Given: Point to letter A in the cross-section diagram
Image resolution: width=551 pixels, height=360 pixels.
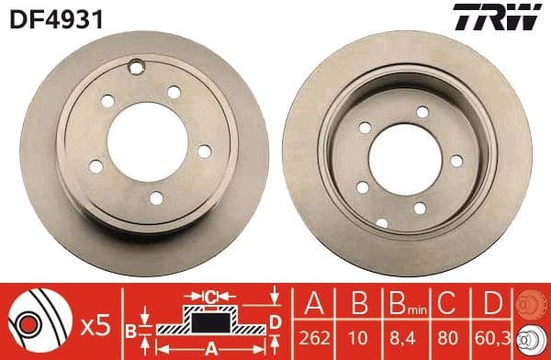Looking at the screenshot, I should pyautogui.click(x=210, y=348).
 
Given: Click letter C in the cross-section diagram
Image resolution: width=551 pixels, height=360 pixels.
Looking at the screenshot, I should pyautogui.click(x=211, y=297).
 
